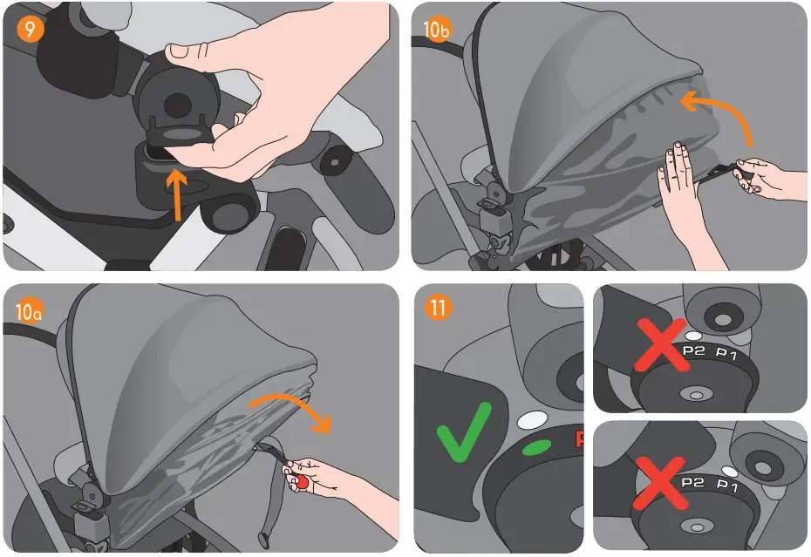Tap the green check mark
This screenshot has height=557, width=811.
click(464, 429)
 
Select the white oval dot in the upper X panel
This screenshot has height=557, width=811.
click(694, 335)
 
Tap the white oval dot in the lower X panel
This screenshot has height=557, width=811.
click(729, 471)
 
